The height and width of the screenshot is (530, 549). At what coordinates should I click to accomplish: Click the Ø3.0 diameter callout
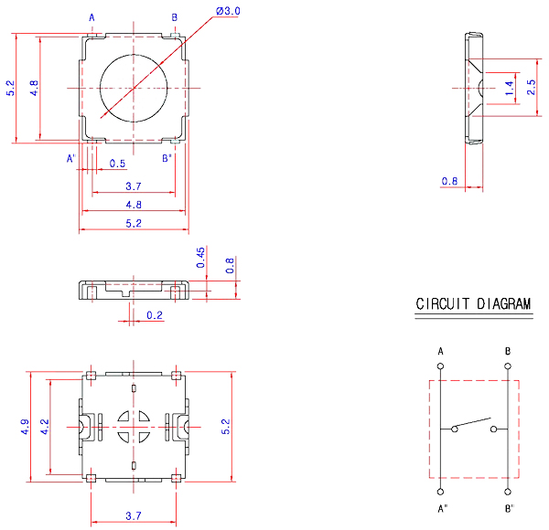click(x=228, y=11)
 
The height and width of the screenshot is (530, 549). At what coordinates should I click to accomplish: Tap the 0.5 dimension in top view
click(x=117, y=164)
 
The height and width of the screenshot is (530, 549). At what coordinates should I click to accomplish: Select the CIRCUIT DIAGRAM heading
click(x=474, y=304)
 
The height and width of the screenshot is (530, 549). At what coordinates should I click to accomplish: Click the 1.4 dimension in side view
click(x=510, y=88)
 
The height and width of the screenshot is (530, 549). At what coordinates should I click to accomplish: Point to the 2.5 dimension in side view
click(x=532, y=88)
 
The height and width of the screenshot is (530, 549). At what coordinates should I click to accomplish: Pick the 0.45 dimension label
click(x=201, y=258)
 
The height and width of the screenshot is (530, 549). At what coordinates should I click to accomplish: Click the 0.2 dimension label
click(x=155, y=316)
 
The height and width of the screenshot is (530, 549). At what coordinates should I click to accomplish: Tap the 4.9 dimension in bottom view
click(x=25, y=427)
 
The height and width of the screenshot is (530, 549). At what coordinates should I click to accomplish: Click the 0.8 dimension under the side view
click(x=449, y=181)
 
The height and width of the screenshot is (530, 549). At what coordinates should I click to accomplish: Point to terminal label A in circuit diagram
click(x=441, y=351)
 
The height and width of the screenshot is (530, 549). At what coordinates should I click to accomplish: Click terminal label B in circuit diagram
click(x=508, y=351)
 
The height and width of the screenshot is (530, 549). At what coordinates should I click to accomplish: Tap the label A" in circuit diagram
click(x=443, y=508)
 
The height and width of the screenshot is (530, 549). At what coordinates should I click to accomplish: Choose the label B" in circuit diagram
click(x=510, y=508)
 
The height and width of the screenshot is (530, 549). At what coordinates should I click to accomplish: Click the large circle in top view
click(x=135, y=88)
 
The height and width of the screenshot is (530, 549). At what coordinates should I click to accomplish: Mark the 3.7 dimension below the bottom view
click(x=134, y=516)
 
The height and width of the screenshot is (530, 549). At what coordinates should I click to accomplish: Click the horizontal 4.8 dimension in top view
click(x=134, y=204)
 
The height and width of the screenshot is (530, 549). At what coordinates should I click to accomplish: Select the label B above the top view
click(x=175, y=17)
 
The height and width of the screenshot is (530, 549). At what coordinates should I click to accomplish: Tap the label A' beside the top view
click(x=71, y=158)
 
